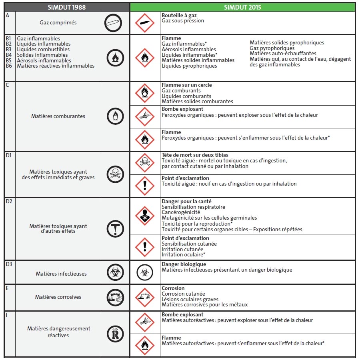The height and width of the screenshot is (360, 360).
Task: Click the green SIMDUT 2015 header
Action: coord(242,7)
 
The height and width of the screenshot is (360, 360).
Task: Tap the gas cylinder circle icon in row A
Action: coord(113,23)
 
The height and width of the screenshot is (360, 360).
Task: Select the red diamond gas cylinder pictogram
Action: coord(145,23)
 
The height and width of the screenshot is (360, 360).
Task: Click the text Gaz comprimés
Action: coord(58,23)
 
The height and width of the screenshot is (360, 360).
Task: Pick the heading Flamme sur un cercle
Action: coord(187,85)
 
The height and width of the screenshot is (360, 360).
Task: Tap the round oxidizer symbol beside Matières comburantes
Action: coord(115,116)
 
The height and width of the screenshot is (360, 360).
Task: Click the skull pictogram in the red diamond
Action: coord(145,162)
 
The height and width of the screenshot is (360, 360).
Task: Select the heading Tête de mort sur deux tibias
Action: coord(195,155)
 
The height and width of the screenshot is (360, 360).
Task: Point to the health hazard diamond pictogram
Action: coord(145,216)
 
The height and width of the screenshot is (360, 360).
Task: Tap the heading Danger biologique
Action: coord(184,264)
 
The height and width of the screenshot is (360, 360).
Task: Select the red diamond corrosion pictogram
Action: coord(145,297)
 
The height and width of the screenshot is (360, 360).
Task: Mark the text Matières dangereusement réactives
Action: coord(59,332)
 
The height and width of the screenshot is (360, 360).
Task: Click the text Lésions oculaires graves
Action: coord(190,299)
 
